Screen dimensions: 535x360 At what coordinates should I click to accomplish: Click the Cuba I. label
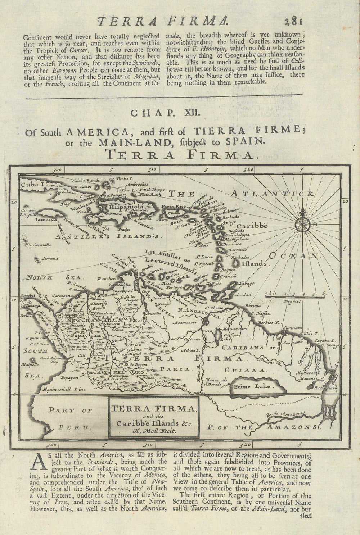coord(32,184)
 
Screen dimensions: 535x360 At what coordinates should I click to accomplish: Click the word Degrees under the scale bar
coord(292,301)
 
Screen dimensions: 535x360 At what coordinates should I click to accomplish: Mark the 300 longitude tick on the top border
coord(56,169)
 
